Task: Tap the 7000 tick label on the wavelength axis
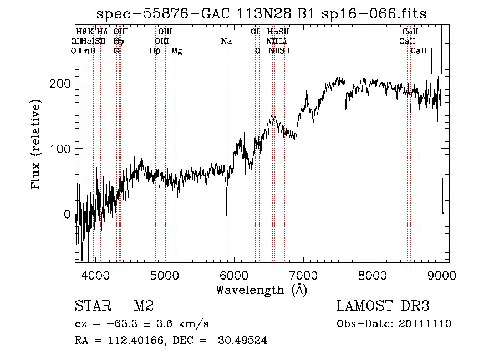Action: [303, 275]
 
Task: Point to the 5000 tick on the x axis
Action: [164, 275]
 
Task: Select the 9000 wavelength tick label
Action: [441, 275]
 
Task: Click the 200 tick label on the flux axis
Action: [62, 83]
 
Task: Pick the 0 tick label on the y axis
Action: [67, 215]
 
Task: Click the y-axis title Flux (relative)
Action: [37, 145]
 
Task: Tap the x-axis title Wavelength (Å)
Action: [261, 290]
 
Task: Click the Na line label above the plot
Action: [226, 41]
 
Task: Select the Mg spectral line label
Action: [176, 51]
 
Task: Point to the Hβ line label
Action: [155, 51]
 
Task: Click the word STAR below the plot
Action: [92, 306]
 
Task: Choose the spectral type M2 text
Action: [144, 306]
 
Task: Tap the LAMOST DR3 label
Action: [383, 306]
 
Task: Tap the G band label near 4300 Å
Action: [116, 51]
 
